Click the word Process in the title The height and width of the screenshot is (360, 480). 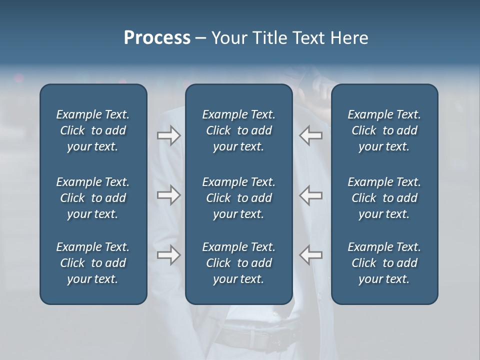[x=157, y=38]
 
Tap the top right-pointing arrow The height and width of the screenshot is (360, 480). [x=168, y=135]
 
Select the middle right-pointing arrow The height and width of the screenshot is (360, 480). [x=168, y=195]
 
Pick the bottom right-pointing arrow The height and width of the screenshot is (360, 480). [x=168, y=255]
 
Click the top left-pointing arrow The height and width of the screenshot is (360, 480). [x=310, y=135]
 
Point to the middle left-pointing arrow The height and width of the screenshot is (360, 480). [x=310, y=195]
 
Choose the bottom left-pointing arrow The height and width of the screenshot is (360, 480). [x=310, y=255]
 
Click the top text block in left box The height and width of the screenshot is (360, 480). [x=93, y=130]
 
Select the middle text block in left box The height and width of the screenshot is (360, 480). [x=93, y=198]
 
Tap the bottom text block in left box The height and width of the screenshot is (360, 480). [x=93, y=263]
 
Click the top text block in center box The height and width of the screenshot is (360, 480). [x=238, y=130]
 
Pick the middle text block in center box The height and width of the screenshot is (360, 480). [x=238, y=198]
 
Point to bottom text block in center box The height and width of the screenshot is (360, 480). [x=238, y=263]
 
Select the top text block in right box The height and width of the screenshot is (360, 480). [x=384, y=130]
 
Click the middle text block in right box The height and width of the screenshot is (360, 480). [x=384, y=198]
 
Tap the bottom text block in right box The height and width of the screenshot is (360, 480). [x=384, y=263]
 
